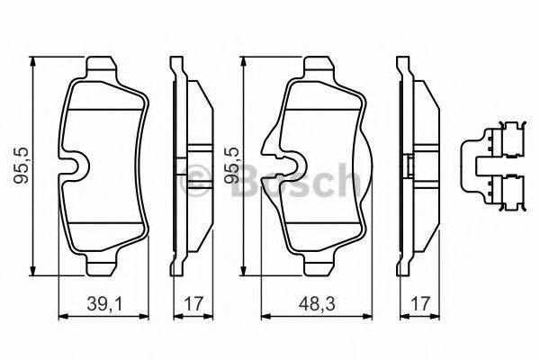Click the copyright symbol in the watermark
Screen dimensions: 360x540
tap(193, 181)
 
